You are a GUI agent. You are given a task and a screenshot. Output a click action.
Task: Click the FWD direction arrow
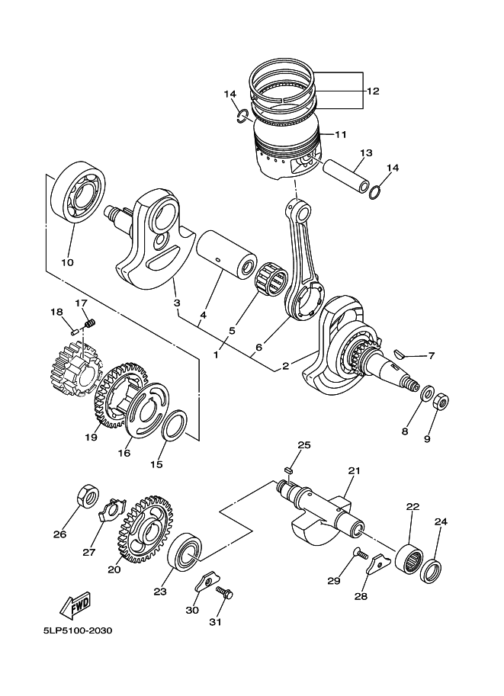75,605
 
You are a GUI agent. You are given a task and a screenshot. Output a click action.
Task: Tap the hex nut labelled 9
441,401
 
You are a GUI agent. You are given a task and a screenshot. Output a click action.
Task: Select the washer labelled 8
428,393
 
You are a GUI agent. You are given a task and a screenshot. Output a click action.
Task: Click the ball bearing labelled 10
78,192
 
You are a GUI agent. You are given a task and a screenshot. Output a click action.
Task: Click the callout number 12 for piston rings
373,91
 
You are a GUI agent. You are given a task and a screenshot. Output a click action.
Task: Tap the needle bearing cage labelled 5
271,279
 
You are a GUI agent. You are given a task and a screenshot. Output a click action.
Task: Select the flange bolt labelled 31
224,592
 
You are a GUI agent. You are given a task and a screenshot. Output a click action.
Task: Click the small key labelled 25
287,470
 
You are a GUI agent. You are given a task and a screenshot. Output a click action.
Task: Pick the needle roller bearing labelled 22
409,556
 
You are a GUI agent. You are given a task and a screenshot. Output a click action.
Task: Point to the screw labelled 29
360,553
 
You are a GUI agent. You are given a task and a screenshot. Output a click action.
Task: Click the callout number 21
354,470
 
